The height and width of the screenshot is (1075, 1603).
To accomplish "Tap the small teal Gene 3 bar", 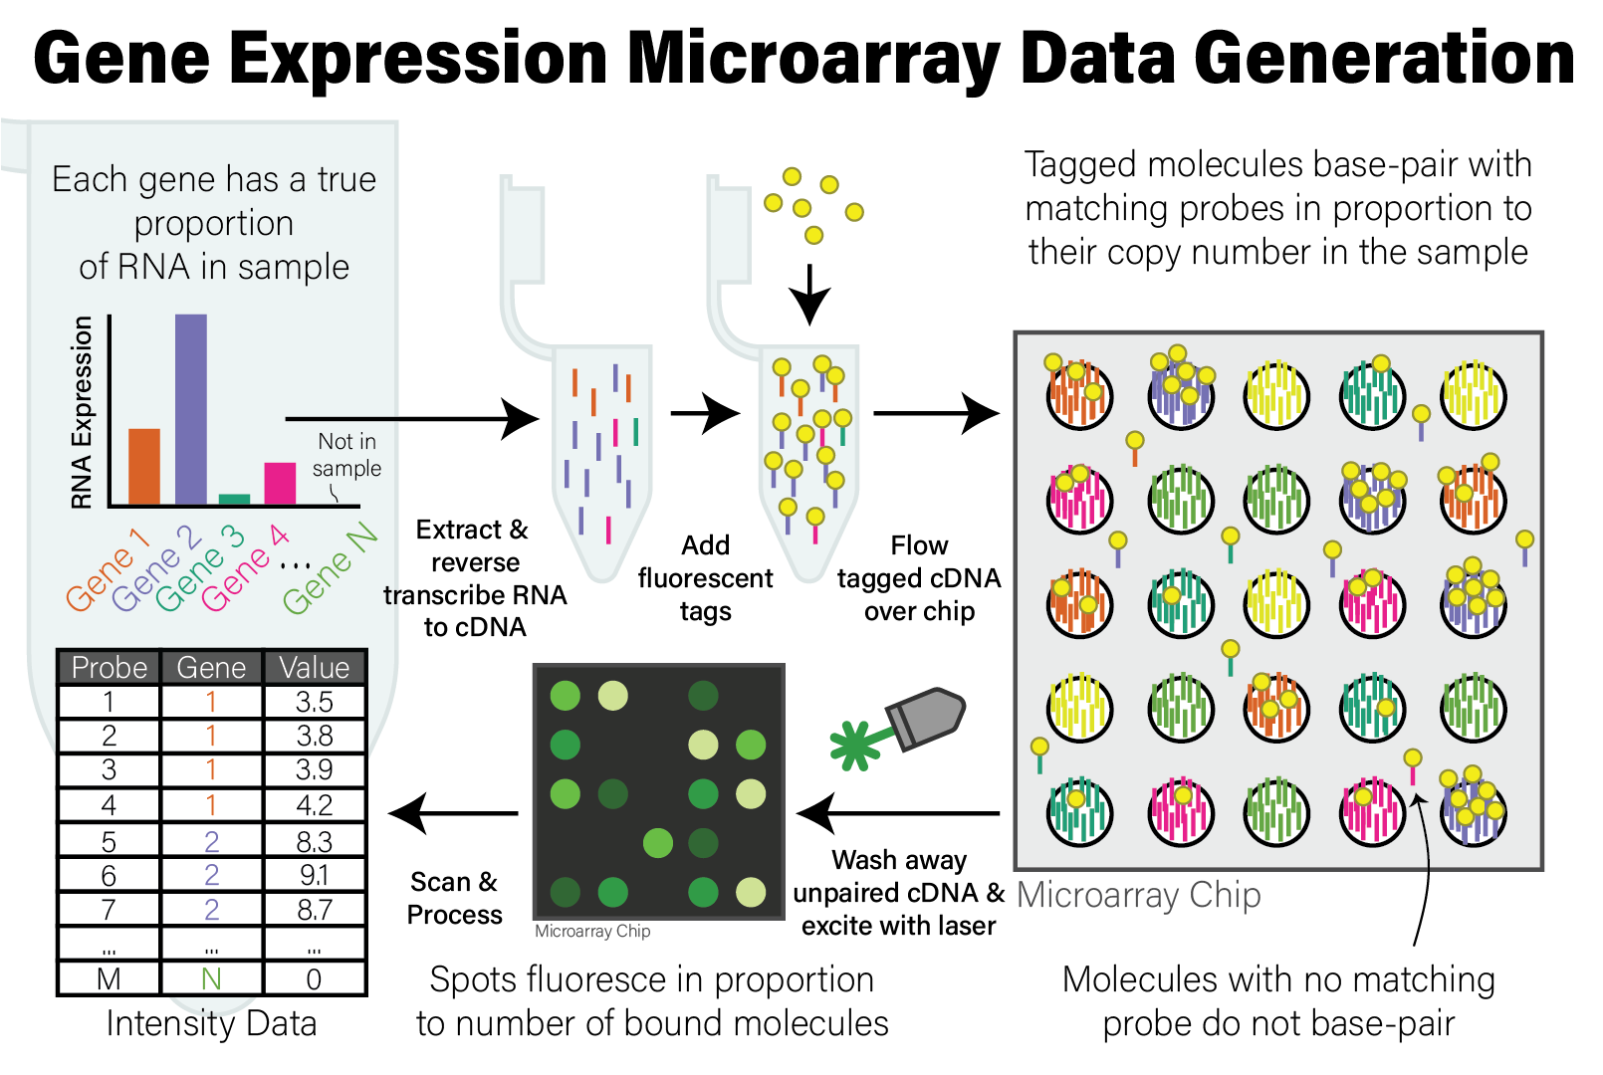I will [234, 499].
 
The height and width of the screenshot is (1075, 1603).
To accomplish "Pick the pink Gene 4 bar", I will [280, 483].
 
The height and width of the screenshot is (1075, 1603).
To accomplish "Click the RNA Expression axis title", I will [82, 412].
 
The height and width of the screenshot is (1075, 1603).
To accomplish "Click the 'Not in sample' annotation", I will [346, 454].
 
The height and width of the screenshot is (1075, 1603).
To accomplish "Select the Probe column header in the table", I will [110, 667].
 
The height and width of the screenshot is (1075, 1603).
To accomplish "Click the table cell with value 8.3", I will [315, 842].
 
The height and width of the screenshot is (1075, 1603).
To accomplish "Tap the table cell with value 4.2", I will [315, 805].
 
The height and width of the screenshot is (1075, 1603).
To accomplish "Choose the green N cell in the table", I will [211, 979].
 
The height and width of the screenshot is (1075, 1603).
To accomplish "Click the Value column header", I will [315, 667].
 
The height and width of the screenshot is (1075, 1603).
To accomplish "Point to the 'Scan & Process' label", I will [455, 898].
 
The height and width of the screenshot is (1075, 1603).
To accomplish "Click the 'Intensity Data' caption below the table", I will [211, 1023].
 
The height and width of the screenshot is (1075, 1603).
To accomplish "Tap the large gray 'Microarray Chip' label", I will [1139, 895].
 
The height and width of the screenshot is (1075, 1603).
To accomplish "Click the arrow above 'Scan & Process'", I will [454, 813].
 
